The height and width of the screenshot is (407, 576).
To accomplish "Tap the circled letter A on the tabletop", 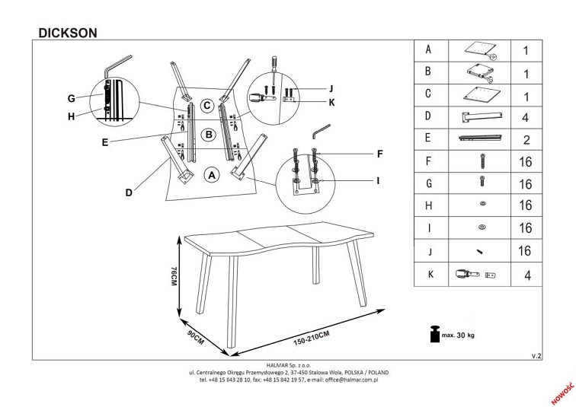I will (x=213, y=175).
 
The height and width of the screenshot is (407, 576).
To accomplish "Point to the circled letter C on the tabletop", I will (x=206, y=106).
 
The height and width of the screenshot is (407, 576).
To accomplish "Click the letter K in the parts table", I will (x=428, y=274).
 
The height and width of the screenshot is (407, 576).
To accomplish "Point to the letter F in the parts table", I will (x=428, y=161).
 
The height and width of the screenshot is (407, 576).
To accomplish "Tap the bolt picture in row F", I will (x=481, y=161).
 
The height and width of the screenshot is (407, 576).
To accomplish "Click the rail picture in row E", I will (x=480, y=138).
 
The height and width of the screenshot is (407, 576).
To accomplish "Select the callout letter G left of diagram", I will (x=70, y=98).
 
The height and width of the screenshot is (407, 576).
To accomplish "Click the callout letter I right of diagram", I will (x=377, y=181).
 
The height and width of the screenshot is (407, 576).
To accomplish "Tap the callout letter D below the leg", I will (x=129, y=192).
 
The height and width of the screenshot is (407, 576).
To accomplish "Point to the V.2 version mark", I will (x=536, y=355).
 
